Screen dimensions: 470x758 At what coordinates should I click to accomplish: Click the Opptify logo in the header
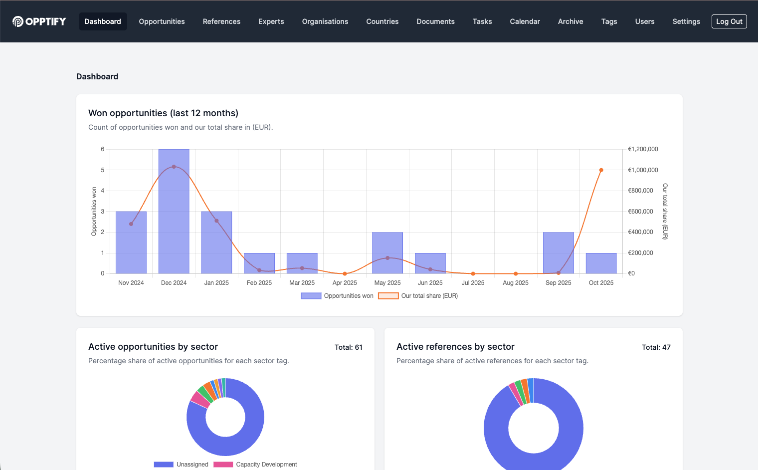click(x=39, y=21)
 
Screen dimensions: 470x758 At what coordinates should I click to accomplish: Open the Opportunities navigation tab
click(x=162, y=21)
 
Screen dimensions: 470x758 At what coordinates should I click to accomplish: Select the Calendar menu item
click(x=525, y=21)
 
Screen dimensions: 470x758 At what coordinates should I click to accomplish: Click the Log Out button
click(x=729, y=21)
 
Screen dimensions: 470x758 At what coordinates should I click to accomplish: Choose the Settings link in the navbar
click(x=686, y=21)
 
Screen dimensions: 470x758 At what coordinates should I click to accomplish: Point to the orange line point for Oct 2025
click(x=601, y=170)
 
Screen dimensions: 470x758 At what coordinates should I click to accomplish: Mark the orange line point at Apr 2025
click(x=345, y=273)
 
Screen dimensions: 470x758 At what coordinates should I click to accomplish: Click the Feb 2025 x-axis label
click(x=259, y=283)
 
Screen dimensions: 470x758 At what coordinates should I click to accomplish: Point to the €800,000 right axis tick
click(x=640, y=191)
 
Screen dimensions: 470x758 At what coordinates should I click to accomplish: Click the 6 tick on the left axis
click(x=103, y=149)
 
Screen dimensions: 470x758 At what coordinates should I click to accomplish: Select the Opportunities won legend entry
click(x=337, y=296)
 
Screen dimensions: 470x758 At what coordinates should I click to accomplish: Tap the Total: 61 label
click(x=348, y=347)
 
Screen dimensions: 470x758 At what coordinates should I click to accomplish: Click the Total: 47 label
click(x=656, y=347)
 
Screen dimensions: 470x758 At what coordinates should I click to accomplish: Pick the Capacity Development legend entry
click(x=255, y=465)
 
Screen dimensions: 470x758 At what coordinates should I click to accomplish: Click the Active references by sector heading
click(x=455, y=347)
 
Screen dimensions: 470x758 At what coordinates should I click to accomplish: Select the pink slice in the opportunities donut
click(x=200, y=399)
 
